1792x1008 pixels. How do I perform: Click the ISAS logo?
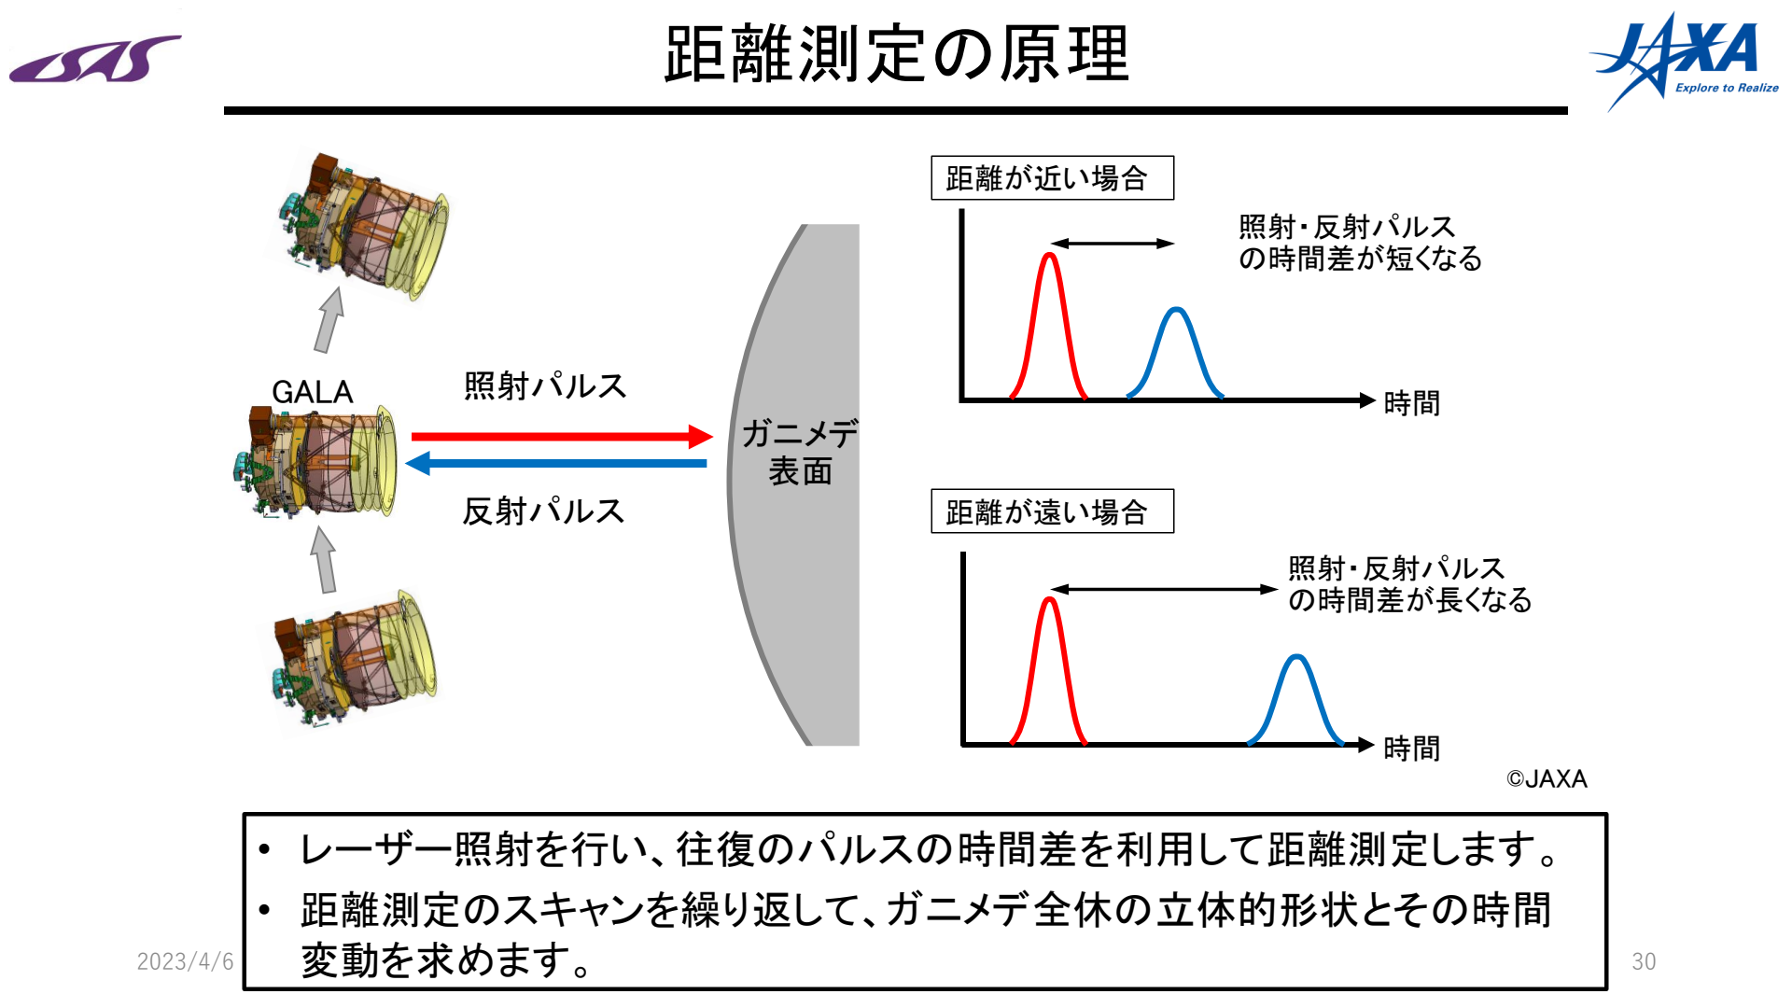pos(95,60)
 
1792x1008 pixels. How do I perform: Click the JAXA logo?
pos(1684,61)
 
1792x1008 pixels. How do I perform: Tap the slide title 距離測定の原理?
pos(896,54)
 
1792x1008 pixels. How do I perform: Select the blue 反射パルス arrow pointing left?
pos(556,463)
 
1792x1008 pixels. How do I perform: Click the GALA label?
pos(313,392)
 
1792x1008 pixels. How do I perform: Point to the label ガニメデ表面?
pos(800,452)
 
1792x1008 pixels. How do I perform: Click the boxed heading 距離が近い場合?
pos(1052,177)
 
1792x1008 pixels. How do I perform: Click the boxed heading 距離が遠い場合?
pos(1052,511)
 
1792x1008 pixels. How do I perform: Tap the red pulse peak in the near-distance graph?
pos(1050,255)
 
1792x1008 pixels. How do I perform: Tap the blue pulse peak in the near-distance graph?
pos(1177,310)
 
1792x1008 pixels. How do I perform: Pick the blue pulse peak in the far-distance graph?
pos(1296,657)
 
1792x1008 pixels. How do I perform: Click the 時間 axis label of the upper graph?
pos(1411,403)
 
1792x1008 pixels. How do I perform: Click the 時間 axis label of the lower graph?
pos(1411,748)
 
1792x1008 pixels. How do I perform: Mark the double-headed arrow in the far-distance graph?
pos(1164,589)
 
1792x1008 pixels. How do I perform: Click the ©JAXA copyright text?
pos(1547,778)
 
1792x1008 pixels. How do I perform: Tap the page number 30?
pos(1644,961)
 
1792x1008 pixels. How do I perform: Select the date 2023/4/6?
pos(185,961)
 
